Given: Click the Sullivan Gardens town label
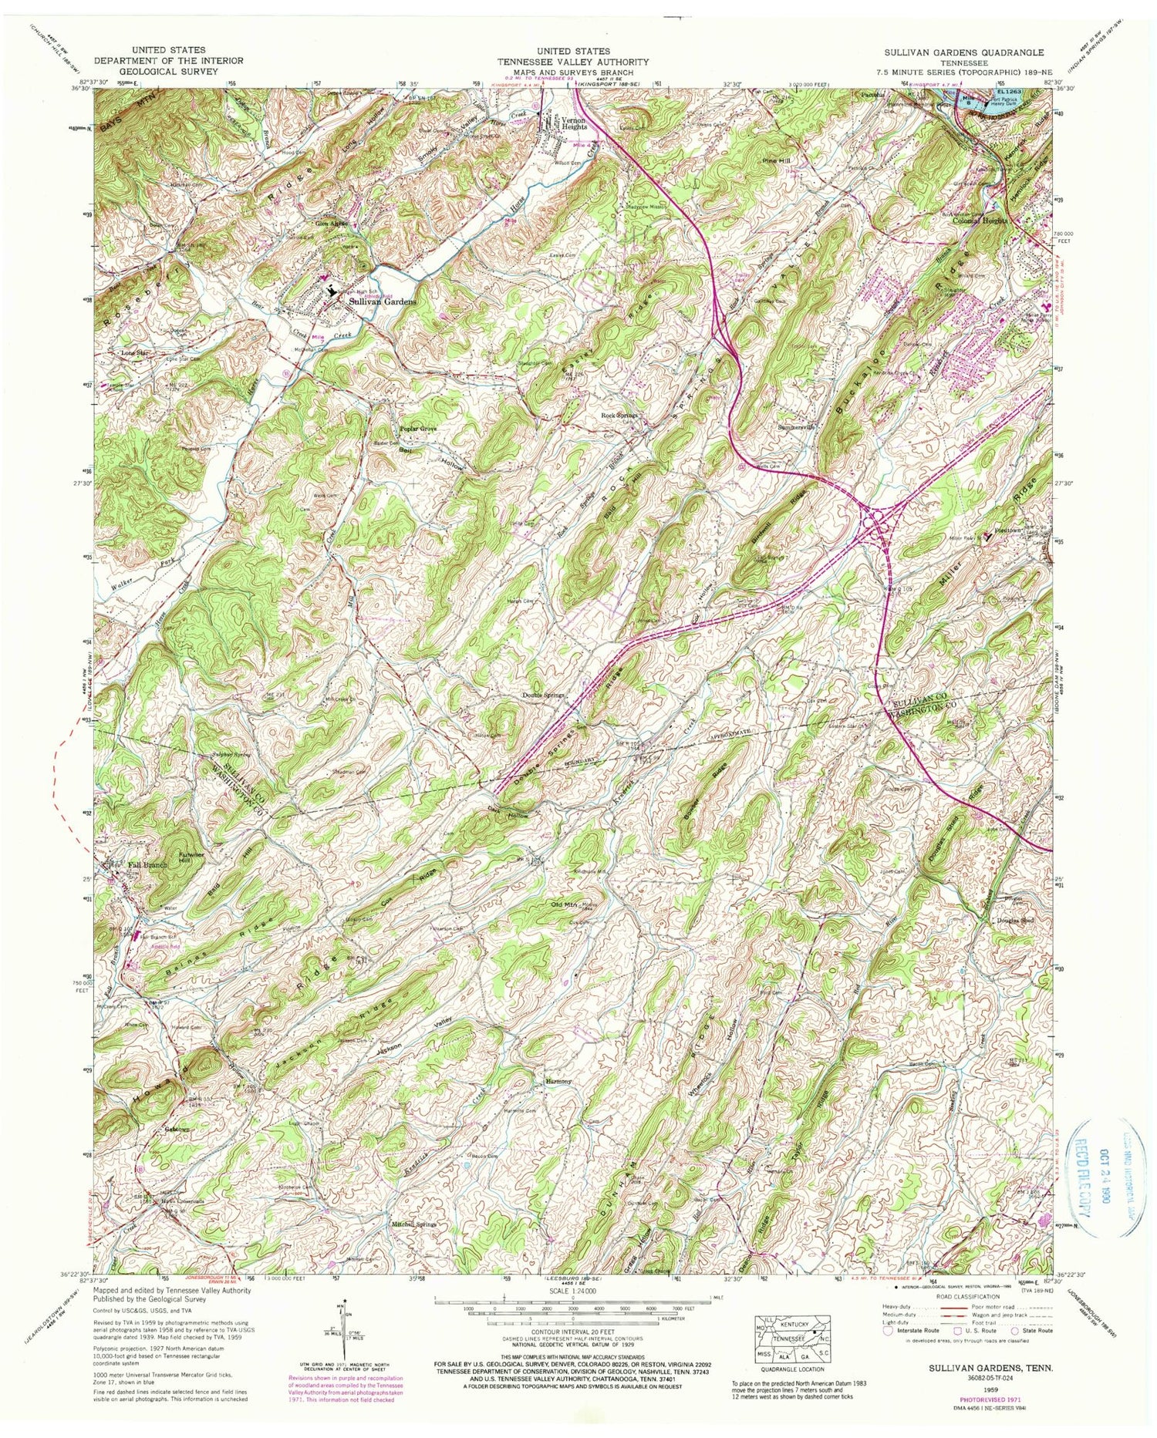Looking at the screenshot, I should [383, 301].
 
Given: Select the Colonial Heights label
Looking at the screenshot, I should [980, 220].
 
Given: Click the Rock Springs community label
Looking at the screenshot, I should [619, 416].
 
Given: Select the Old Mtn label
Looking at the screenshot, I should [565, 904].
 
